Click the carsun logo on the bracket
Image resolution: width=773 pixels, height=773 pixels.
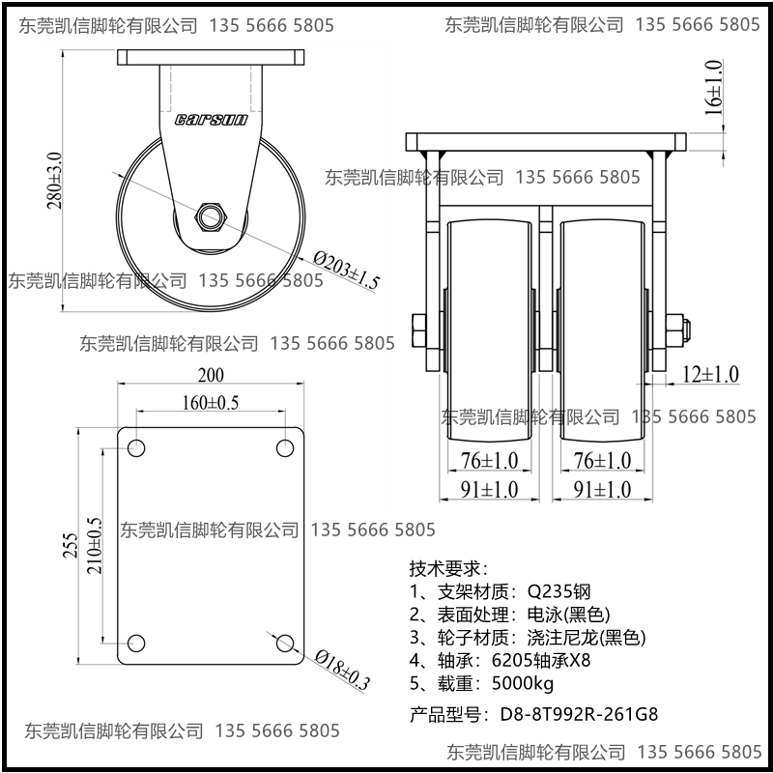click(212, 120)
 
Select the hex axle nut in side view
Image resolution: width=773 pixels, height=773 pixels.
click(211, 215)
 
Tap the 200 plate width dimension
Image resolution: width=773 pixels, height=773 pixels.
click(210, 375)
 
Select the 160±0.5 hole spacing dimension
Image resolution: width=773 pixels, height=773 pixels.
click(210, 402)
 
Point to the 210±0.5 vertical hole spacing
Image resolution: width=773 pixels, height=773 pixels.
click(95, 546)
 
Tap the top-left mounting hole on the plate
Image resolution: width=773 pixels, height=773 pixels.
click(135, 448)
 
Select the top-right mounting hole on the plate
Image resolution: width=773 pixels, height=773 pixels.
click(285, 448)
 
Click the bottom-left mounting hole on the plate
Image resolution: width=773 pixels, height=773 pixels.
click(135, 644)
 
